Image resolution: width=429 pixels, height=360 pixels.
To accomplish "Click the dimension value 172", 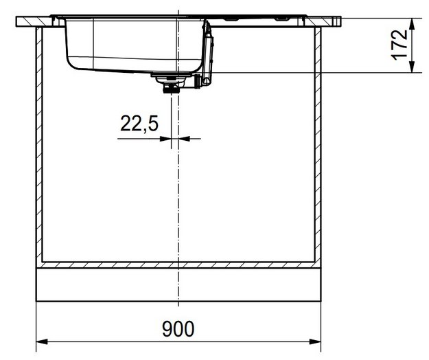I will point(401,45).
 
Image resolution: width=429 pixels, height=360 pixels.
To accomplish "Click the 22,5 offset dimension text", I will point(139,124).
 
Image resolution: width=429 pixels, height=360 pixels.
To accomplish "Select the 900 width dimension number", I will point(178,327).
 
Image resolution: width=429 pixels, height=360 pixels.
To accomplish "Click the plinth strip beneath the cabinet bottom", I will point(178,284).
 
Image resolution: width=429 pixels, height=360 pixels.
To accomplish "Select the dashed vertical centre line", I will point(178,206).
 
